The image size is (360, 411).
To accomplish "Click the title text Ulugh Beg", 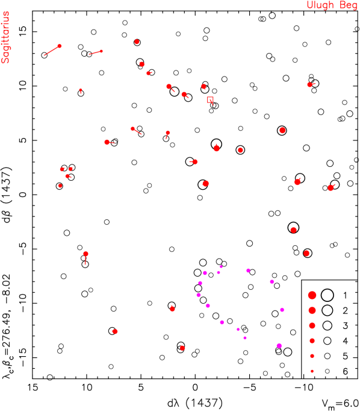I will pos(332,5).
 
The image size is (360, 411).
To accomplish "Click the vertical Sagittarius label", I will pos(5,37).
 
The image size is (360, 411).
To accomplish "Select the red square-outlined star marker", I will pos(210,100).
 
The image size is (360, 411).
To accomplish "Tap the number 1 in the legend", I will pos(345,295).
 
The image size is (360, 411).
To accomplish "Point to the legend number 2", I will pos(345,310).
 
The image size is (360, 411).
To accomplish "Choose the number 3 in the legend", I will pos(345,325).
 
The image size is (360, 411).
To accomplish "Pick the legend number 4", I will pos(345,341).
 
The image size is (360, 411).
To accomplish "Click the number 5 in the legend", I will pos(345,356).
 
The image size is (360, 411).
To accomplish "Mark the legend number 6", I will pos(345,371).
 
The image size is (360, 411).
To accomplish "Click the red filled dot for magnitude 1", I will pos(312,295).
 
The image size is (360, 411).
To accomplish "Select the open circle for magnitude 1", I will pos(327,295).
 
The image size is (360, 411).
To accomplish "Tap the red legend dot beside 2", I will pos(312,310).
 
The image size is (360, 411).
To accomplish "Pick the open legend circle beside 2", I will pos(327,310).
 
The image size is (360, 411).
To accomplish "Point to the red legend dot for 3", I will pos(312,325).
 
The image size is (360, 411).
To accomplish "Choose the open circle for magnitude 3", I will pos(327,325).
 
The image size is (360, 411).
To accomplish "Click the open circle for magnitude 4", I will pos(327,341).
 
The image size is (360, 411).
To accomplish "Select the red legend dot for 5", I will pos(312,356).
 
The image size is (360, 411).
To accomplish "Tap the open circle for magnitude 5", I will pos(327,356).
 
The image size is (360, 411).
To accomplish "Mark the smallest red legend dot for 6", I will pos(312,371).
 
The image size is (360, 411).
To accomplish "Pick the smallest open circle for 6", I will pos(327,371).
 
